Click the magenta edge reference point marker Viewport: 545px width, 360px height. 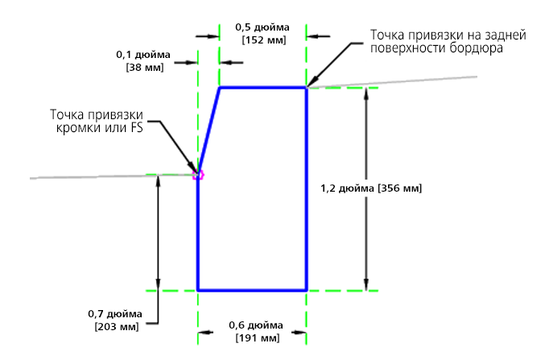(198, 173)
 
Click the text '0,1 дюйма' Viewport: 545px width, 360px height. (143, 54)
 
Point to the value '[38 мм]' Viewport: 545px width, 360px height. (144, 68)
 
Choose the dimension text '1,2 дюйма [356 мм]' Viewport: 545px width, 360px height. (370, 188)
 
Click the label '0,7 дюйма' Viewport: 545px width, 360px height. (115, 313)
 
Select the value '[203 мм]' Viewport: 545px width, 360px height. (116, 327)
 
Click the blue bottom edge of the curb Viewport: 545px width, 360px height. (252, 289)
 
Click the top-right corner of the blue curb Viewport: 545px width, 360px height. (307, 87)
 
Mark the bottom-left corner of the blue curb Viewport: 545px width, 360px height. (198, 289)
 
